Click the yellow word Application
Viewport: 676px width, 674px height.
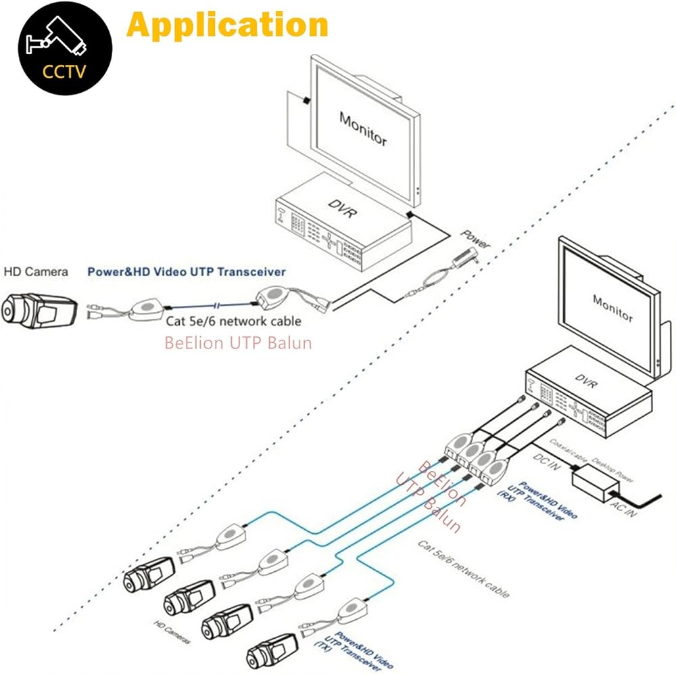(227, 24)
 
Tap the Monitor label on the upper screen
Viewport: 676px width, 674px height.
(363, 129)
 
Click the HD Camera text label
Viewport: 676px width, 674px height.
(36, 272)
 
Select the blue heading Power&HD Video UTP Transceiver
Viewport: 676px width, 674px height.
(187, 272)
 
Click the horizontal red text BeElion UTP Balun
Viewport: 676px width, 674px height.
(238, 342)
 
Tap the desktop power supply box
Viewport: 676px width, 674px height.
(596, 482)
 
